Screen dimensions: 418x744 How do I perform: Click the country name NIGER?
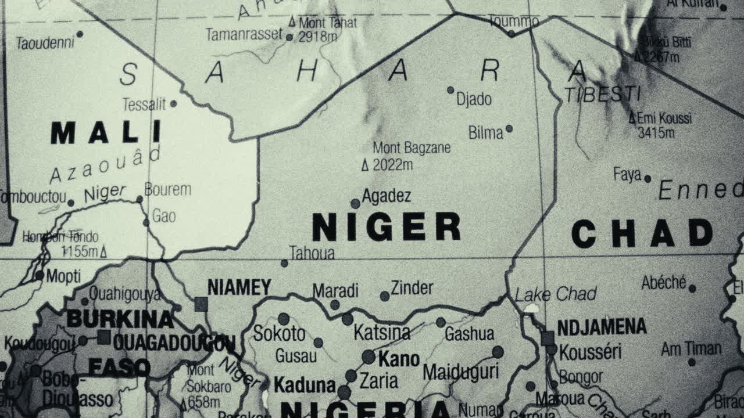(386, 226)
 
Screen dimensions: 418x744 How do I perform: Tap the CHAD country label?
(642, 233)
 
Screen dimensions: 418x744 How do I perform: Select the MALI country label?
(105, 132)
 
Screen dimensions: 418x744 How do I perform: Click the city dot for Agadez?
(355, 203)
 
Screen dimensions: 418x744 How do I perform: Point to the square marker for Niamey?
(201, 304)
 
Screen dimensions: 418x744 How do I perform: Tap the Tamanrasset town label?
(244, 34)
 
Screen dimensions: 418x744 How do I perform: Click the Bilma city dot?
(509, 129)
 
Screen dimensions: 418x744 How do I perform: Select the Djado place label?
(474, 99)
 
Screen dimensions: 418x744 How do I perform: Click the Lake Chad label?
(556, 294)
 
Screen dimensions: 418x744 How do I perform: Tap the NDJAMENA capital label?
(602, 327)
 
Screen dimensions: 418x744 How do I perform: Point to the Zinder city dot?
(385, 296)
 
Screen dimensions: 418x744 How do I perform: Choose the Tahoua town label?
(312, 253)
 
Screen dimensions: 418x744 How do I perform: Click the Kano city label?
(399, 359)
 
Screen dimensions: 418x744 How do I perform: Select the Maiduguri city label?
(460, 372)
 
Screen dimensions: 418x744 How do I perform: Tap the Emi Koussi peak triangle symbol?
(632, 118)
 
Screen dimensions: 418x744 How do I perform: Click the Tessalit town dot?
(173, 104)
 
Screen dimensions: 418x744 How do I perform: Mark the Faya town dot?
(648, 179)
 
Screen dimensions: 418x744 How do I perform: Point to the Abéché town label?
(664, 283)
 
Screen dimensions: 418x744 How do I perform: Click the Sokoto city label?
(279, 333)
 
